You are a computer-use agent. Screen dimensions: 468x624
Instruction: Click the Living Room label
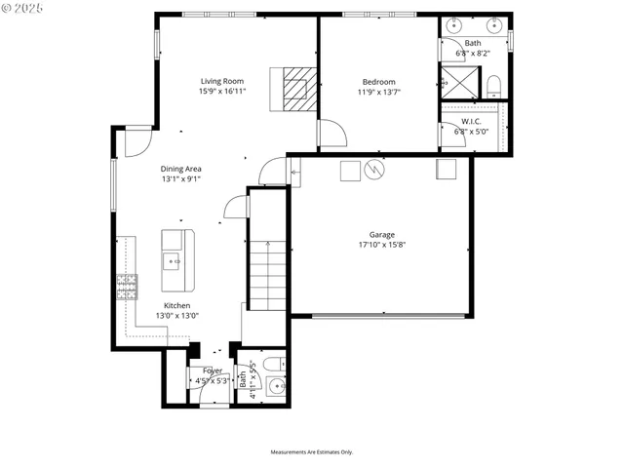pos(221,81)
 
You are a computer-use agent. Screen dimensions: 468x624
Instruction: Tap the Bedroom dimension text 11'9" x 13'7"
pos(378,93)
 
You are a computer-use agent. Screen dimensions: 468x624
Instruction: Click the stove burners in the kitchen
pos(127,286)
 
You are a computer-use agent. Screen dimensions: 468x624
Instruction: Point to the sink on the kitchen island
pos(173,260)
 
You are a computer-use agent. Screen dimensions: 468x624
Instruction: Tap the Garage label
pos(381,234)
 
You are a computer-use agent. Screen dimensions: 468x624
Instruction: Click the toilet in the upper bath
pos(493,85)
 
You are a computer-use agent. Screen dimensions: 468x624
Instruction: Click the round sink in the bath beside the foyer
pos(277,387)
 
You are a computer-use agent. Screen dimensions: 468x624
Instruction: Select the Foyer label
pos(212,370)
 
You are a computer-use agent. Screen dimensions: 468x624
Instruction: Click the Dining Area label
pos(181,169)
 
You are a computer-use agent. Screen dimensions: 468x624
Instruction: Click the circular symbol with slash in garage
pos(374,171)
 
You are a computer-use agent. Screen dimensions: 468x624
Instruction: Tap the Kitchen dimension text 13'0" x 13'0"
pos(176,315)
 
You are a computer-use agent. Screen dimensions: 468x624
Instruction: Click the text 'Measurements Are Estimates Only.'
pos(311,452)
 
